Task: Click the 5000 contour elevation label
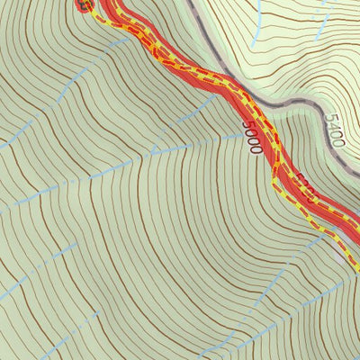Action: point(252,136)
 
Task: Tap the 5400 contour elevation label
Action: point(334,130)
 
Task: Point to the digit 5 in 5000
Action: point(247,123)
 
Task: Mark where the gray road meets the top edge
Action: point(192,2)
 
